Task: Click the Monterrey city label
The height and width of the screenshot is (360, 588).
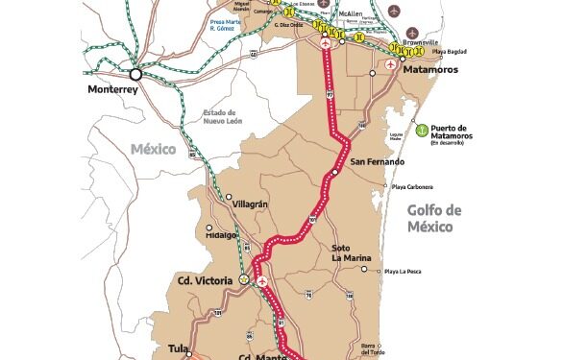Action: [113, 89]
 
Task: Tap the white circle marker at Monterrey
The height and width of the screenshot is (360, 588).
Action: [136, 73]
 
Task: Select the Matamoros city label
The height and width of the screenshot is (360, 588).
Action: [429, 71]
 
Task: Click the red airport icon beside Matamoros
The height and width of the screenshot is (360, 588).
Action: [390, 64]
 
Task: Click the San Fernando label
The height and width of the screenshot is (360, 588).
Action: [373, 161]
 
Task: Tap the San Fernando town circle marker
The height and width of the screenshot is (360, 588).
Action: [335, 173]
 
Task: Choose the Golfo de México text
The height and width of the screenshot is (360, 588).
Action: [434, 218]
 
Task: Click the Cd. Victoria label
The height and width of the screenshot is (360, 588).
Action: [203, 280]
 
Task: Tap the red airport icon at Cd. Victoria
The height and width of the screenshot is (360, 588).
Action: [260, 281]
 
